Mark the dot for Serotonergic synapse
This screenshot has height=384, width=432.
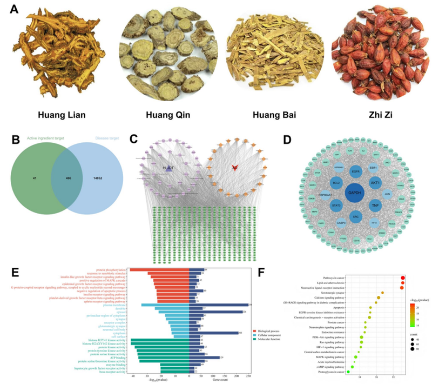[383, 293]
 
